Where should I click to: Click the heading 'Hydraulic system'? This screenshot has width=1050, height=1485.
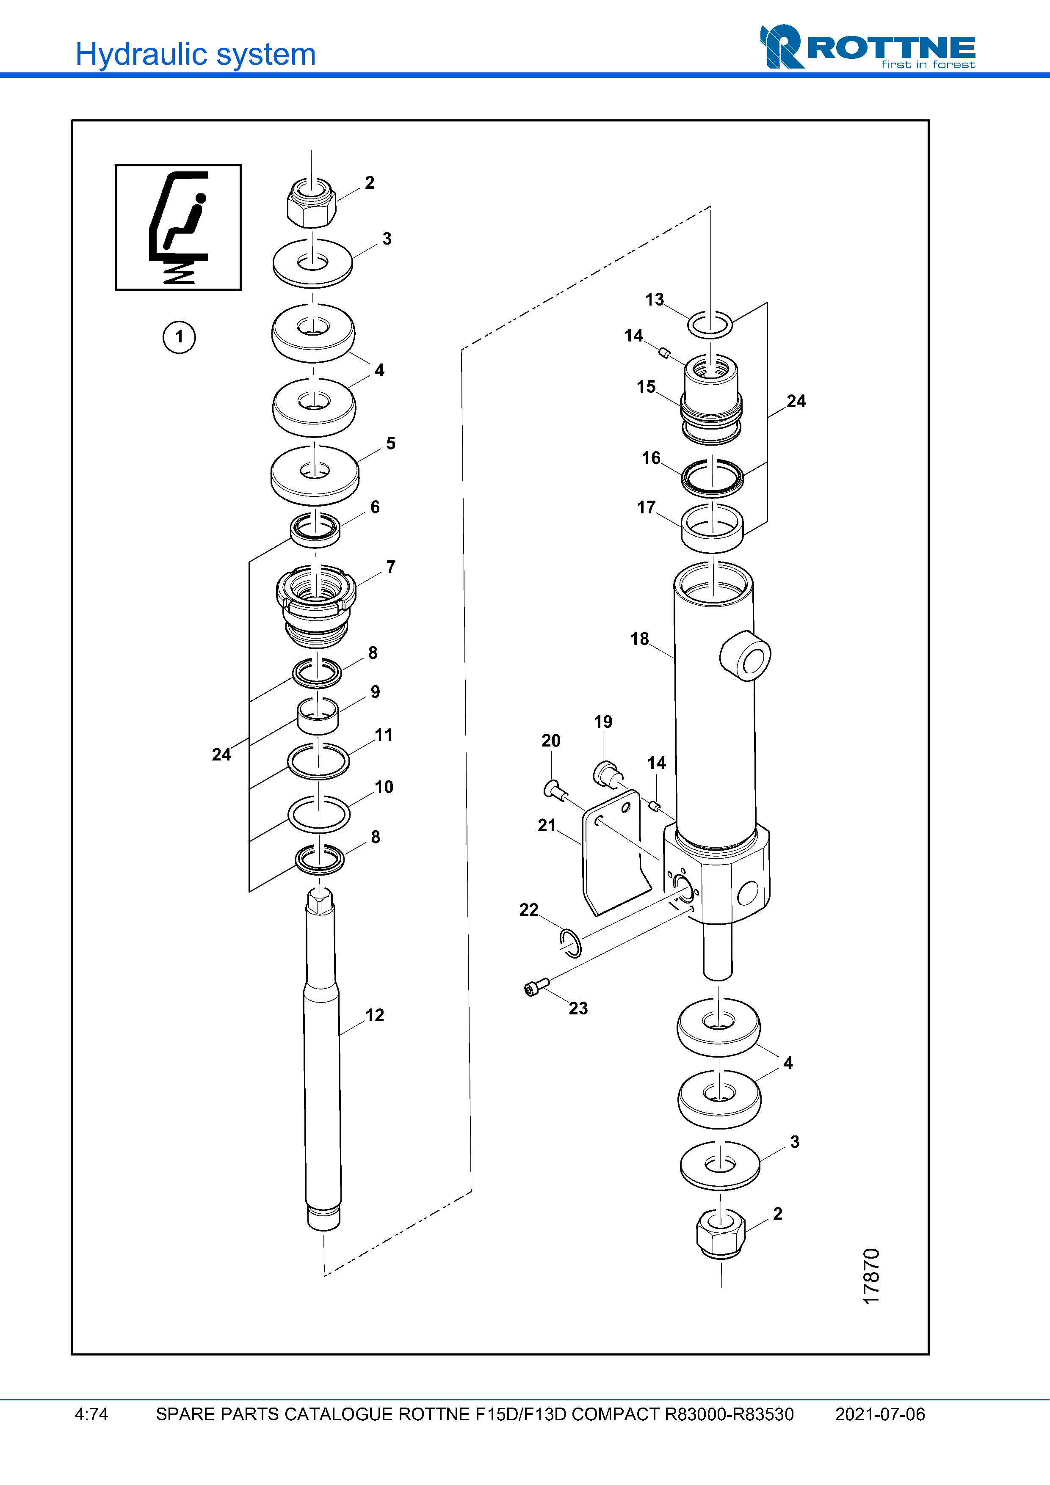[195, 54]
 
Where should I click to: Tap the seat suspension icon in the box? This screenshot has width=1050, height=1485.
[179, 227]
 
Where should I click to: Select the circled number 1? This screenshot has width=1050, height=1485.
[179, 337]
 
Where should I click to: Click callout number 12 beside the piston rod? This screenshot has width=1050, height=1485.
[375, 1015]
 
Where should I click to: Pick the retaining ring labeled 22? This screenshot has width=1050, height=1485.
[570, 942]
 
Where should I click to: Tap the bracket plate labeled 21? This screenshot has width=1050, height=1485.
[615, 860]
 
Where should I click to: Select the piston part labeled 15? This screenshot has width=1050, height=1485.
[710, 398]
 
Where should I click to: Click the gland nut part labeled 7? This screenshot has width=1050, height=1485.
[316, 605]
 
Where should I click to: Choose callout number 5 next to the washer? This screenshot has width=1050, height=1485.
[391, 443]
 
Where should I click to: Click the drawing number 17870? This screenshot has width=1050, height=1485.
[871, 1276]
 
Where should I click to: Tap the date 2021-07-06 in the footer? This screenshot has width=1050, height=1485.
[879, 1414]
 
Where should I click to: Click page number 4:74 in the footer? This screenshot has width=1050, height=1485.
[91, 1414]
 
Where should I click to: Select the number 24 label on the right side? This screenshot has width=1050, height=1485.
[796, 401]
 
